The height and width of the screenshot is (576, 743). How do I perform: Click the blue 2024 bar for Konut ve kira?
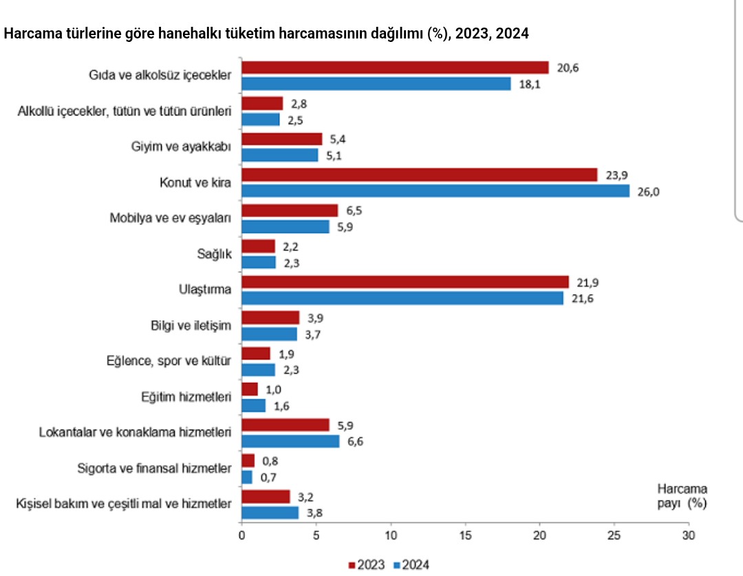coord(435,191)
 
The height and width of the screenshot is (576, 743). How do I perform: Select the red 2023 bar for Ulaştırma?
coord(405,282)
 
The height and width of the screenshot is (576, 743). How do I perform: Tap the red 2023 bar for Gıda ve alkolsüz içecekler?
coord(395,67)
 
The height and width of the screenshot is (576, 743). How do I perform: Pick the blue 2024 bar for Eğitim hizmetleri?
coord(253,406)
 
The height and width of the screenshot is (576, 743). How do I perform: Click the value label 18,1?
coord(529,84)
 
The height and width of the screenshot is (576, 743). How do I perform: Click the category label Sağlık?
coord(214,254)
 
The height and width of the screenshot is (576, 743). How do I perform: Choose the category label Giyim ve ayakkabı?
coord(180,146)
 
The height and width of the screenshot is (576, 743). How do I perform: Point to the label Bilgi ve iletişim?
coord(191,326)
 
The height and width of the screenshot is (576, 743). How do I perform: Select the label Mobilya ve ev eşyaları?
coord(170,218)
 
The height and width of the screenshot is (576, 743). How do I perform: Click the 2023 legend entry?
coord(367,565)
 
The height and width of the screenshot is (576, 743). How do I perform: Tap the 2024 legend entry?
coord(411,565)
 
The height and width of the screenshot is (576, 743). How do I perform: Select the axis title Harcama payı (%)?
coord(682,496)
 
